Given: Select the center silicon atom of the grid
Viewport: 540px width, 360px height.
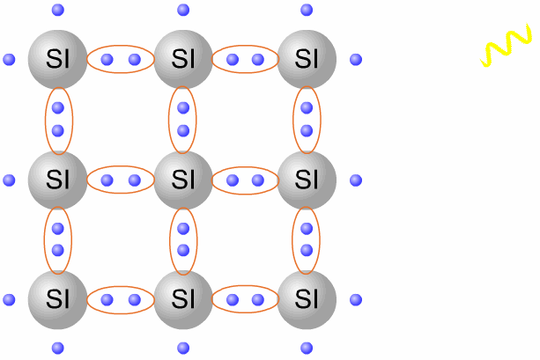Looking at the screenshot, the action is pos(183,180).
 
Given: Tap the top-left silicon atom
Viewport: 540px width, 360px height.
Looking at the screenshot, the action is pos(58,60).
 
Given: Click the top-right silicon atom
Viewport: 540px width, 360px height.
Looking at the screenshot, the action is pos(307,60).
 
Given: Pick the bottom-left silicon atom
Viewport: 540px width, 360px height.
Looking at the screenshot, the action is pos(58,300).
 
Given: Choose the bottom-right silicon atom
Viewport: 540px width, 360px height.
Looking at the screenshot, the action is pos(307,300).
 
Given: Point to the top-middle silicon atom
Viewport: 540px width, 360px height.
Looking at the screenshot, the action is pos(183,60).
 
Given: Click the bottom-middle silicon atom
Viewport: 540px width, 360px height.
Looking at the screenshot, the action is pos(183,300).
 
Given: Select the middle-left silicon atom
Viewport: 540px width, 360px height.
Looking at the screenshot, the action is pos(58,180).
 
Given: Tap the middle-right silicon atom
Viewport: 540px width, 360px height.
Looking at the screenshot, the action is pos(307,180).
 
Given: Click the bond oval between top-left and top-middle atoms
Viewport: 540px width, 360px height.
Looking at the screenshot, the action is pos(121,60).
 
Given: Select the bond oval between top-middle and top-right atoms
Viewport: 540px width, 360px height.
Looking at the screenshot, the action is pos(245,60).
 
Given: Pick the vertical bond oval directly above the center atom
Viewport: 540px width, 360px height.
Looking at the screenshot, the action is pos(183,120).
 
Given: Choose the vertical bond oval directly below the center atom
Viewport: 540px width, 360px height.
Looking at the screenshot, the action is pos(183,240).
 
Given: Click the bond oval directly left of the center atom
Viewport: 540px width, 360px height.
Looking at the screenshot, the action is pos(121,180).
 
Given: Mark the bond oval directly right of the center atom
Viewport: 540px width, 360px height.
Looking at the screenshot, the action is pos(245,180).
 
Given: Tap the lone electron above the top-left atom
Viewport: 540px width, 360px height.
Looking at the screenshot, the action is pos(58,11).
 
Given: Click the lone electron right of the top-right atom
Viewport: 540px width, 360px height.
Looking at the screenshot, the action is pos(356,60).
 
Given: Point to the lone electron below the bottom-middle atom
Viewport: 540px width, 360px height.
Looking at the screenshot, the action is pos(183,348).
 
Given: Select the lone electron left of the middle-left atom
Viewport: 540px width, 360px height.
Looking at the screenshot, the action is pos(10,180).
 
